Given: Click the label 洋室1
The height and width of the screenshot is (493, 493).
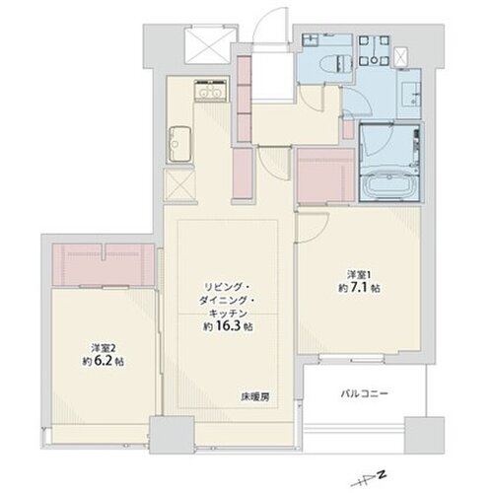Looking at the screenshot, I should pos(357,273).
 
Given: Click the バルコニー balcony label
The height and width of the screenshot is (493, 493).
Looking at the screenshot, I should pos(366,393).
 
